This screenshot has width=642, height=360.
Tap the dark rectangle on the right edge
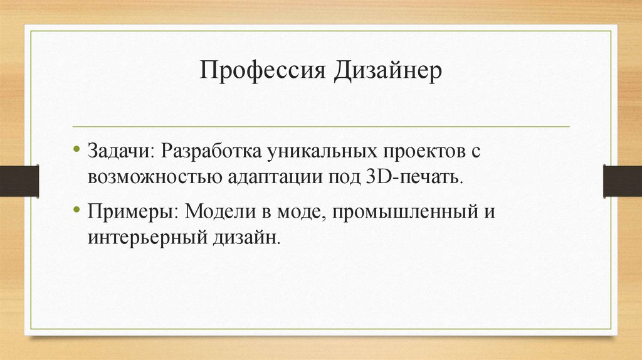(x=622, y=181)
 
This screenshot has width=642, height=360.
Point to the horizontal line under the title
(x=321, y=126)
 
